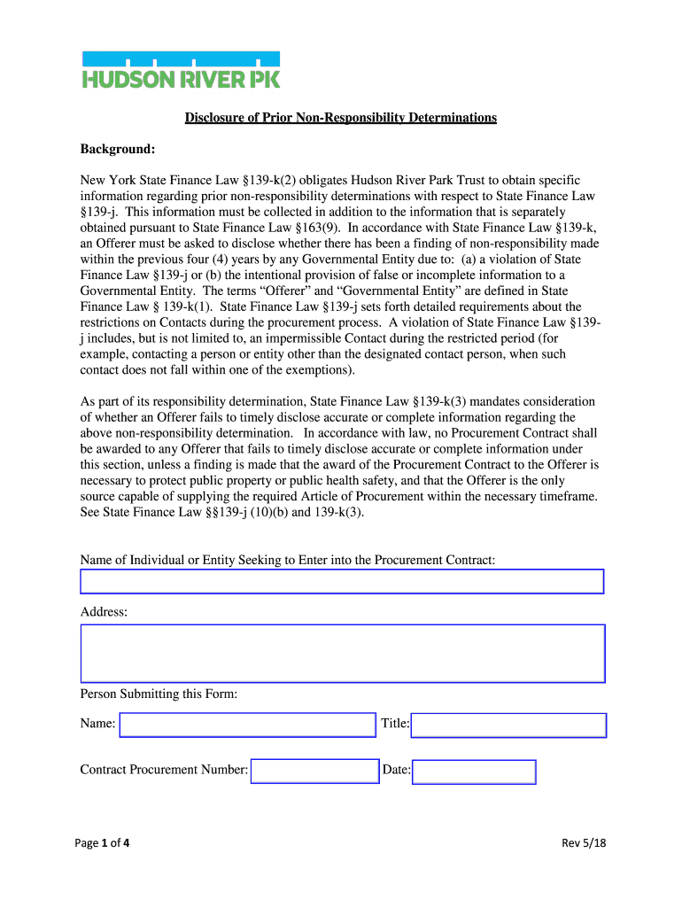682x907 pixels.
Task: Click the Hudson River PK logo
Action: [x=181, y=70]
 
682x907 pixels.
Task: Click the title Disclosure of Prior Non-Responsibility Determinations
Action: [x=340, y=118]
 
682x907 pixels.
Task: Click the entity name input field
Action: [x=342, y=581]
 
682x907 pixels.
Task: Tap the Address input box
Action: [x=342, y=653]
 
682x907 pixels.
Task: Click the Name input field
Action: [x=248, y=725]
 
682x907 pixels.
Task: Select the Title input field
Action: [x=508, y=725]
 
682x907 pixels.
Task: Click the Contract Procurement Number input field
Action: [x=314, y=771]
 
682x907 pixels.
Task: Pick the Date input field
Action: [x=474, y=771]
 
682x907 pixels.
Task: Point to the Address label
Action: [x=104, y=612]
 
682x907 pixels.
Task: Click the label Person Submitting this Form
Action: [x=159, y=694]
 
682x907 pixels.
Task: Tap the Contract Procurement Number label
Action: [x=164, y=770]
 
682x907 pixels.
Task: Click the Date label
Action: [x=396, y=771]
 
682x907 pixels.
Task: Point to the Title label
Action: [x=394, y=724]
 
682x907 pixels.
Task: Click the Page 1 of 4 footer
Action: [x=105, y=843]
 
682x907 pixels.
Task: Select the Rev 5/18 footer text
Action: [x=584, y=843]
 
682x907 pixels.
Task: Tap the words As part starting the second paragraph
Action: [x=99, y=401]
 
